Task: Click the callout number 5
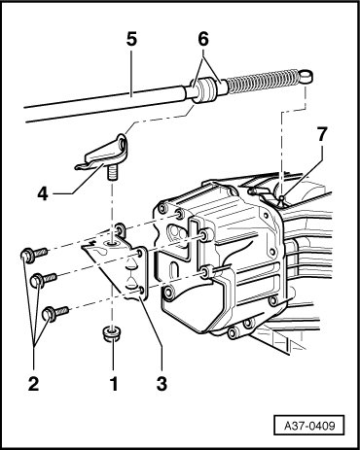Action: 131,40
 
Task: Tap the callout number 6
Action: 203,40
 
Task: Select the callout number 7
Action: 321,134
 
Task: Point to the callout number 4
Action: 43,194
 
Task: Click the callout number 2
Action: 33,384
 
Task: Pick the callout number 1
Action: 114,384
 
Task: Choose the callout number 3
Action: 162,384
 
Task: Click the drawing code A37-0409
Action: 309,425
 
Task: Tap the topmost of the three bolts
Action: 34,254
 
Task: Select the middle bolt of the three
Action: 44,279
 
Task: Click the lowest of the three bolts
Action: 55,313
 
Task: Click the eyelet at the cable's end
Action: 306,77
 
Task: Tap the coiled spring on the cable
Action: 264,81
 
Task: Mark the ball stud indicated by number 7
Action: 282,196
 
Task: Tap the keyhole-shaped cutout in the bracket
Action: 98,252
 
